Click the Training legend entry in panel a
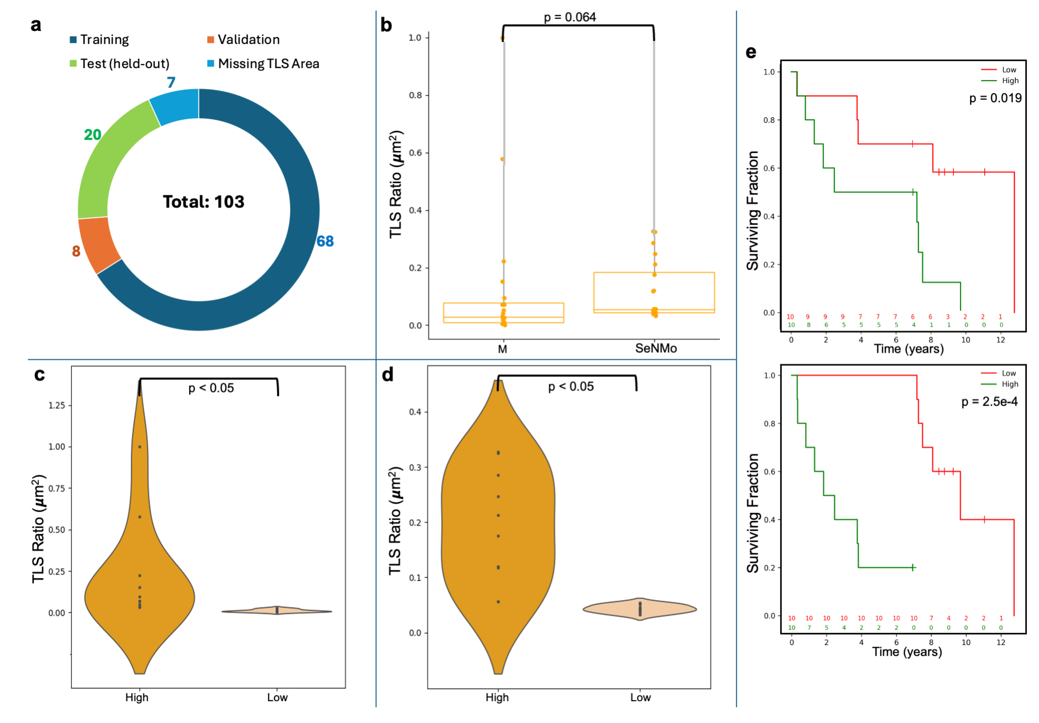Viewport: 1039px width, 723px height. (104, 40)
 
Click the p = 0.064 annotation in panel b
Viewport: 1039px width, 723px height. (569, 17)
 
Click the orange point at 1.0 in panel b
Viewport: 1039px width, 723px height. (502, 38)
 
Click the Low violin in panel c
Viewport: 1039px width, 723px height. (277, 610)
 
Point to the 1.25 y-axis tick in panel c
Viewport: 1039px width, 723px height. (57, 405)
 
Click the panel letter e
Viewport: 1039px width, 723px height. (750, 52)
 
